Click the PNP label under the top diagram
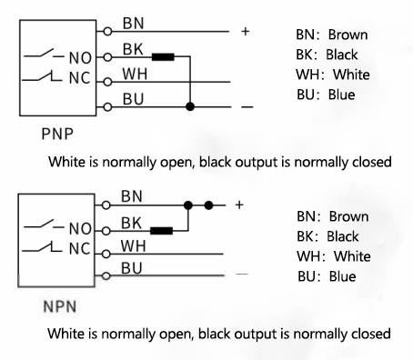pos(57,134)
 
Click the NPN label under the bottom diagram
pos(58,309)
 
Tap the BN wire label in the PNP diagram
pos(131,21)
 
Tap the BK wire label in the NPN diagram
pos(131,222)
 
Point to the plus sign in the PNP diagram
pos(245,32)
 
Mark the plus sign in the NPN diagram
pos(239,205)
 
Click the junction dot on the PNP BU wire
pos(189,106)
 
